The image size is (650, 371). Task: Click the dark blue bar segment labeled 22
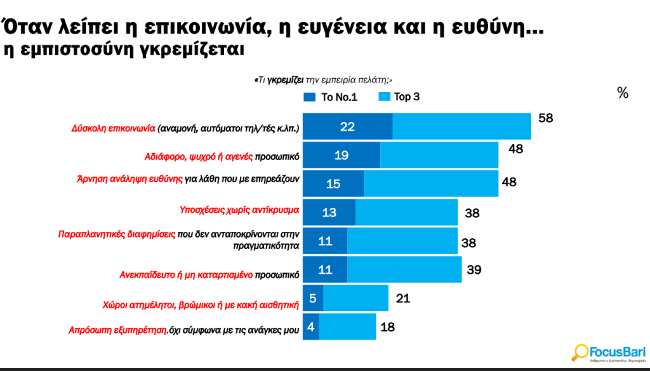tap(347, 126)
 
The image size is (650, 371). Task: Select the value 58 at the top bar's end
tap(546, 118)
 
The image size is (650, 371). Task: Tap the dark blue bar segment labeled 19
tap(341, 155)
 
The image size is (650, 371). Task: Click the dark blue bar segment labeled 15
tap(333, 183)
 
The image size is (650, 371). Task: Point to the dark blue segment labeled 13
tap(329, 212)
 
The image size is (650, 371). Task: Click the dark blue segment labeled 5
tap(312, 298)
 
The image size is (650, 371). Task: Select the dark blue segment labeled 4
tap(310, 327)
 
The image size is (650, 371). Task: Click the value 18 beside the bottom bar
tap(388, 328)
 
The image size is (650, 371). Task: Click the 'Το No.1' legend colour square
tap(310, 97)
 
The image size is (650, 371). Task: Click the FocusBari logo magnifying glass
tap(580, 351)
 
